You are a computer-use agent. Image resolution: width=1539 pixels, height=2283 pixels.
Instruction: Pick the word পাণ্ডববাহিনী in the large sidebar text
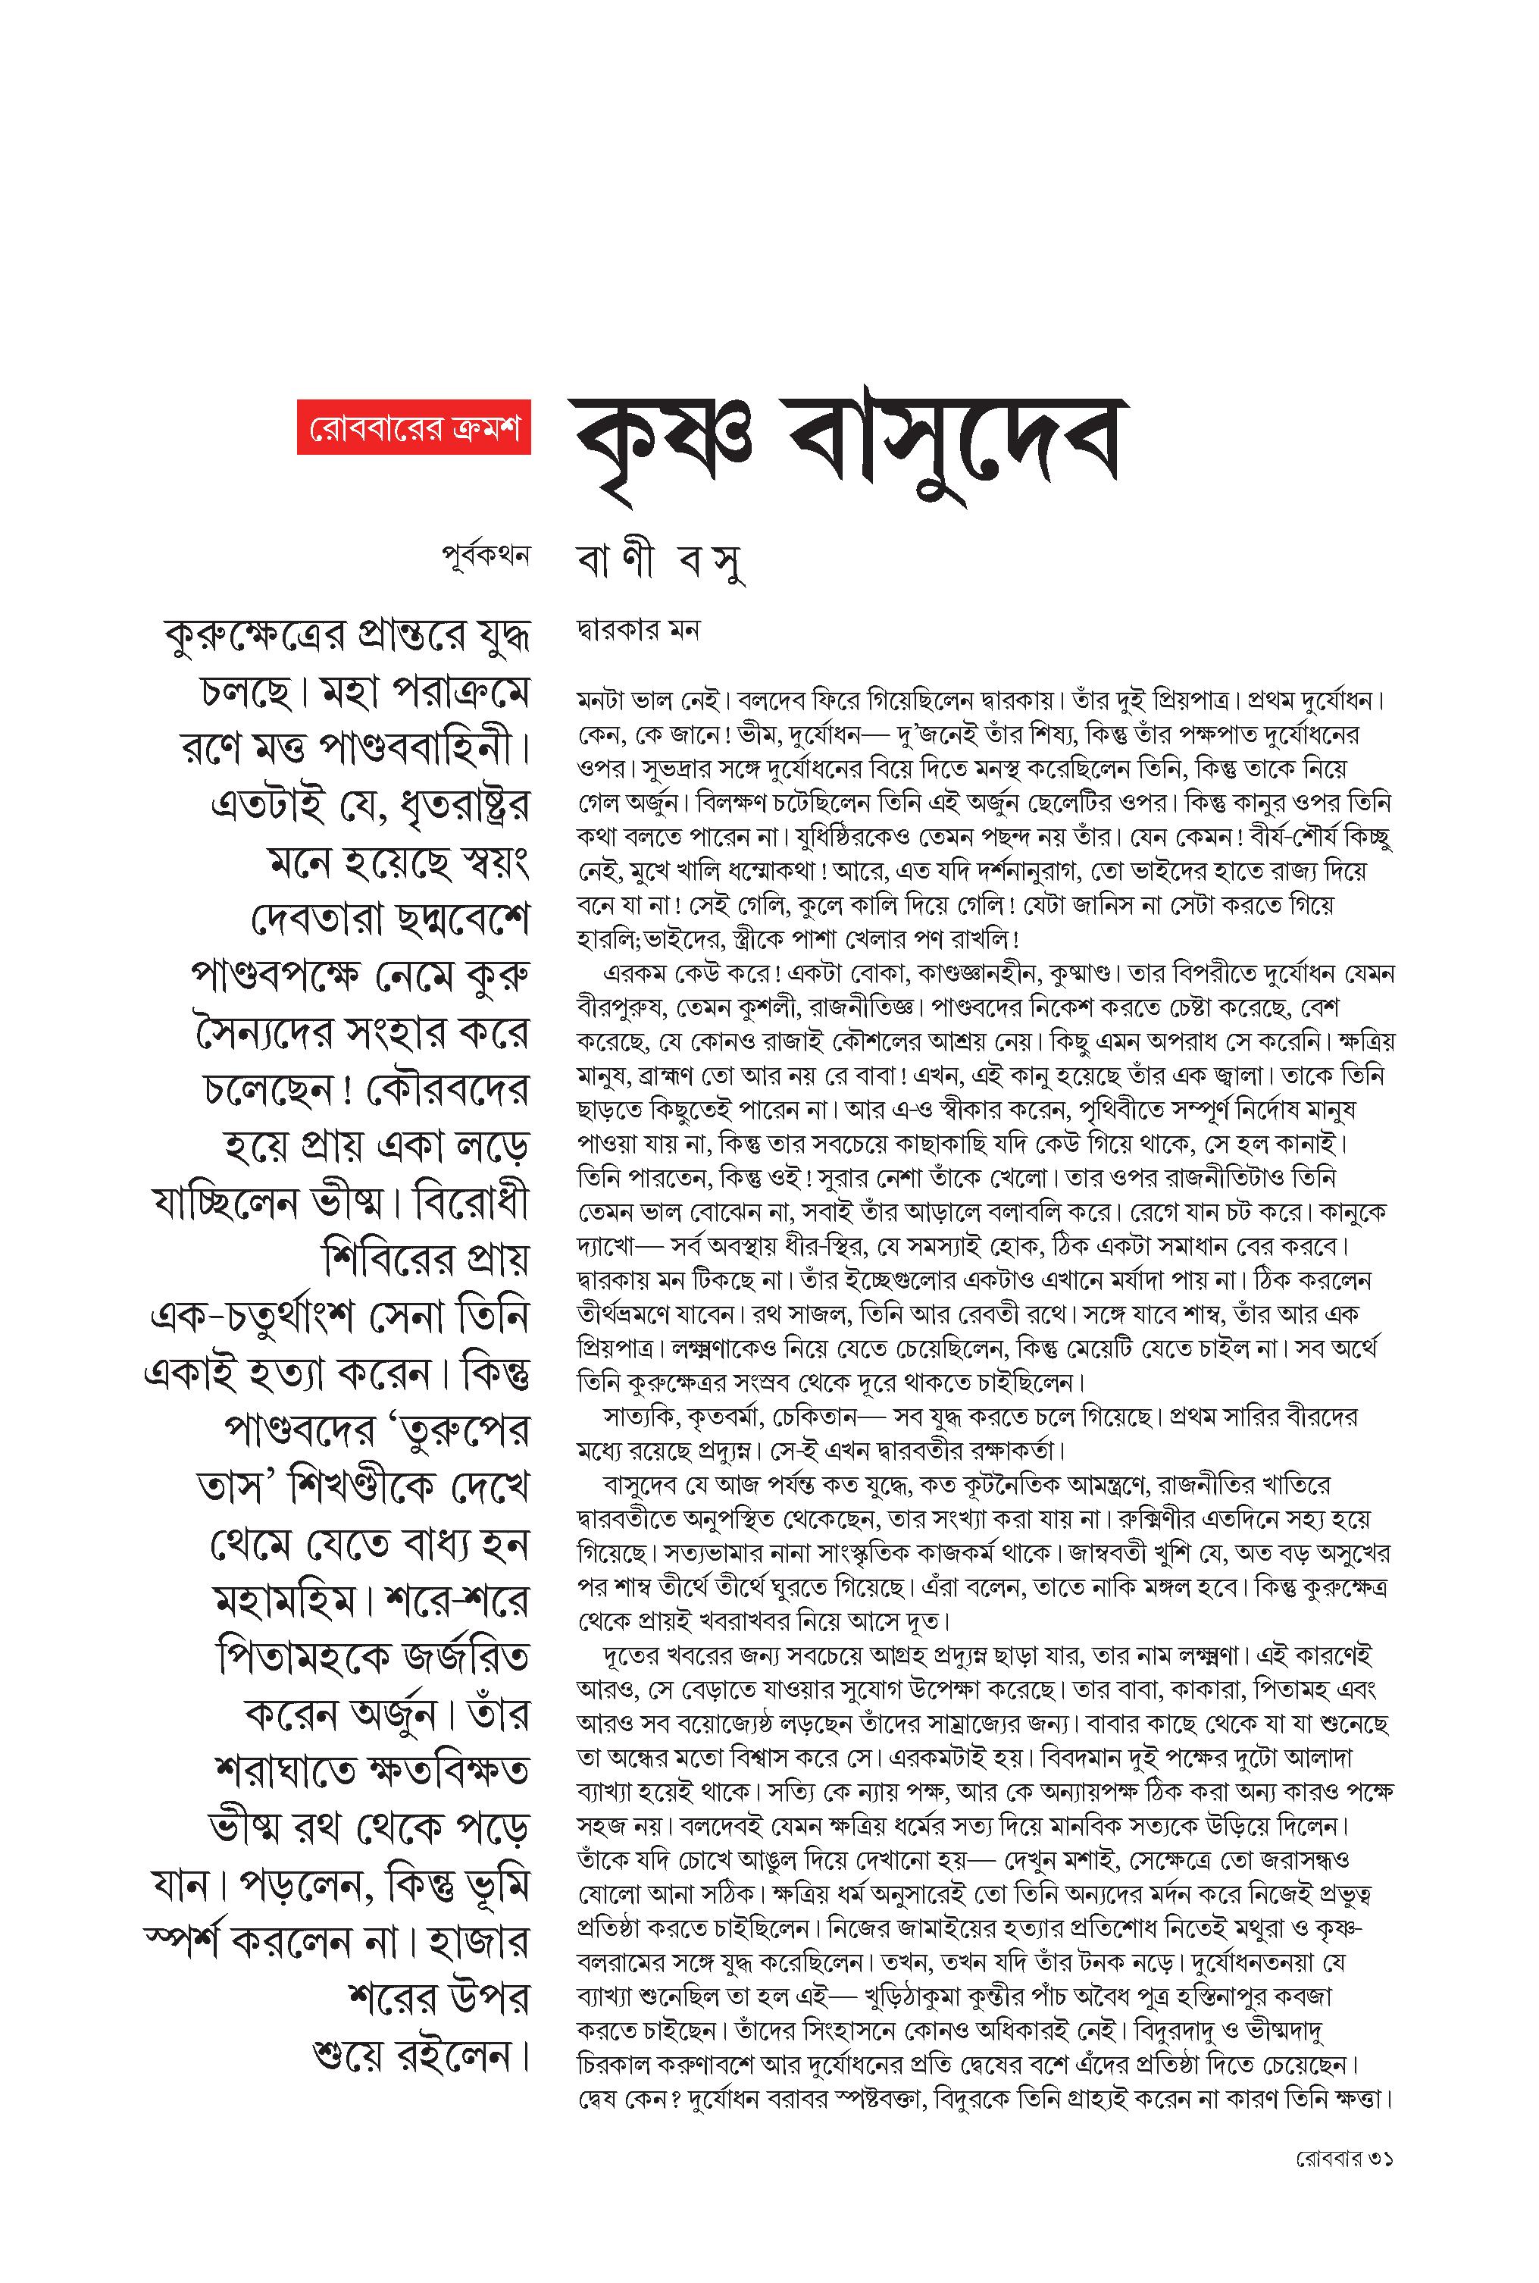(412, 751)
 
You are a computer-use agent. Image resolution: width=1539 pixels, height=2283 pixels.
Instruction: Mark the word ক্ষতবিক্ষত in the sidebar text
(442, 1771)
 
